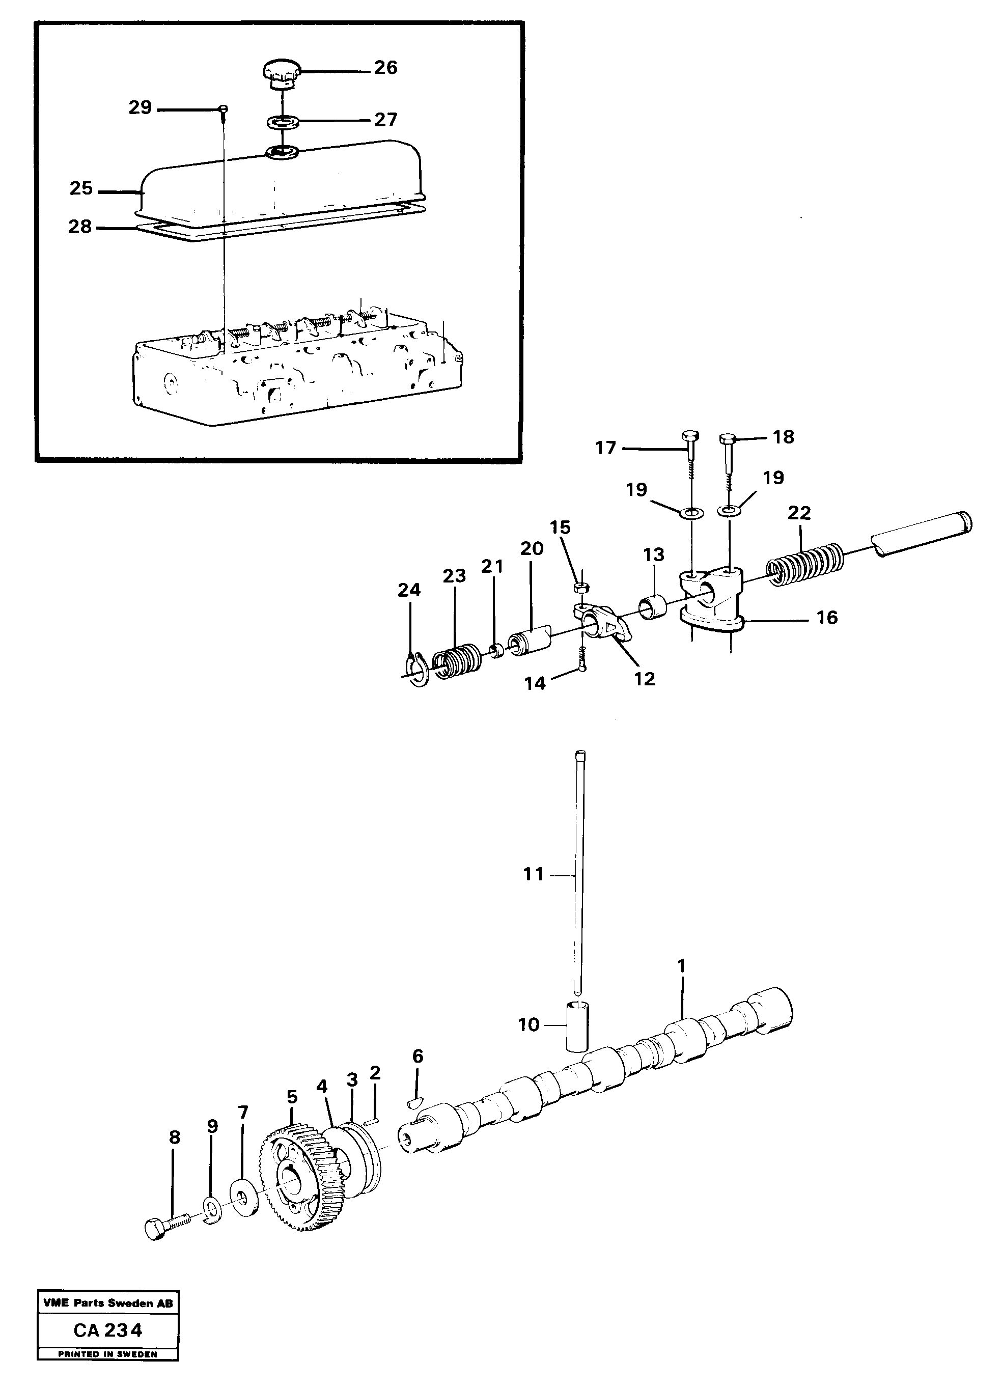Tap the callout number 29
[x=140, y=108]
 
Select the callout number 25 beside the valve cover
[x=81, y=188]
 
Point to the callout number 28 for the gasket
[x=80, y=227]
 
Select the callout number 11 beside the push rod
[x=534, y=875]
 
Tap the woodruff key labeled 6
[x=415, y=1102]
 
